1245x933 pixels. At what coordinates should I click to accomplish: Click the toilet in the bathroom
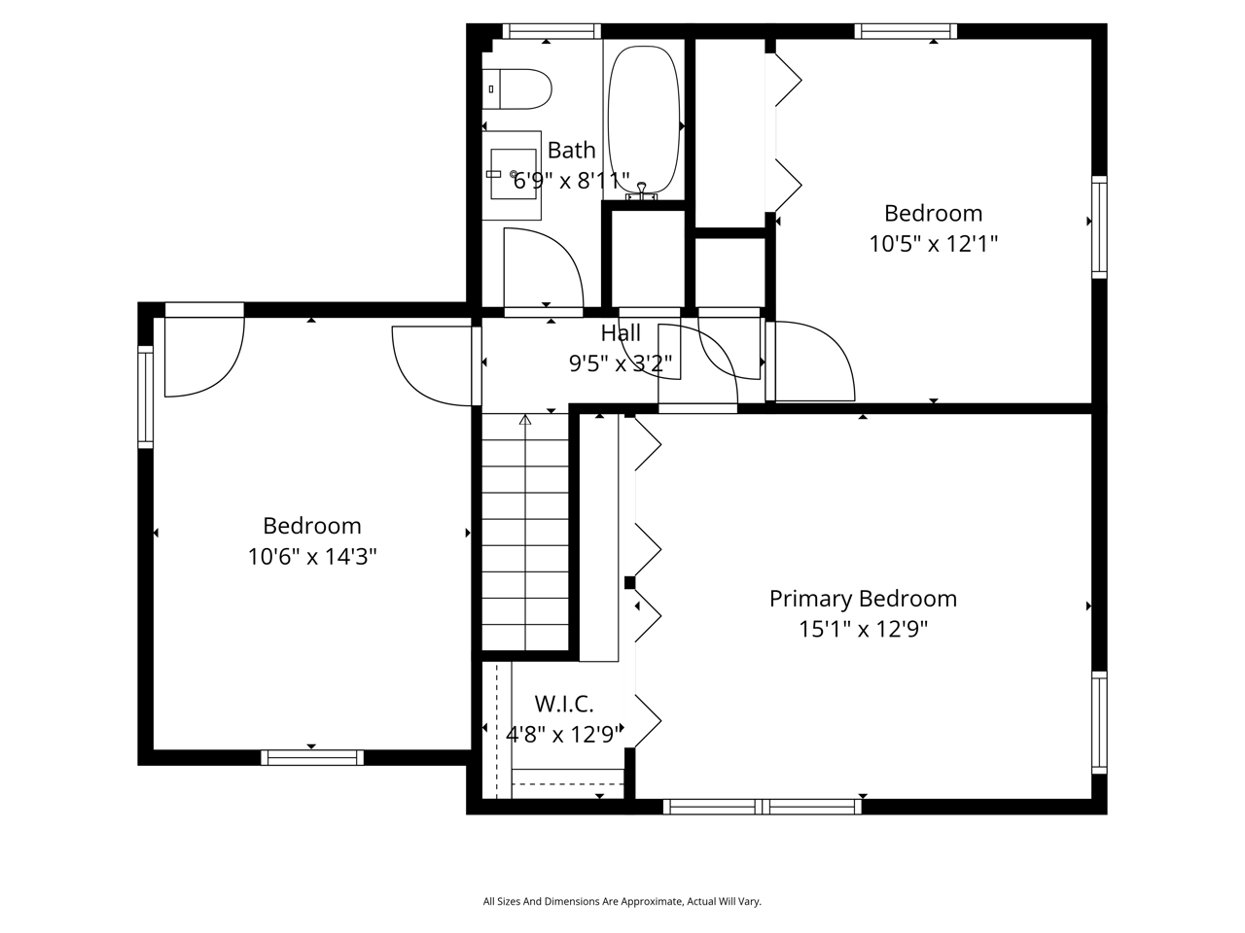(x=518, y=88)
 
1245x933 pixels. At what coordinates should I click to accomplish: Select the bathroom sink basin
(x=513, y=174)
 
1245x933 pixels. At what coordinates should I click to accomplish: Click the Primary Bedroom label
(x=863, y=599)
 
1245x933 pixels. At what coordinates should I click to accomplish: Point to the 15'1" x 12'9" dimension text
(x=863, y=630)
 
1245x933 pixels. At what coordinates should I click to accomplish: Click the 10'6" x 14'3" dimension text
(x=312, y=557)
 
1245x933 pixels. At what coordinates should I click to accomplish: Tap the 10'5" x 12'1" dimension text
(x=933, y=243)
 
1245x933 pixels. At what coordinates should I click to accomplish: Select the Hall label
(x=621, y=333)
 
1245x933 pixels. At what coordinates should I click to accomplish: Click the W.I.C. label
(x=564, y=704)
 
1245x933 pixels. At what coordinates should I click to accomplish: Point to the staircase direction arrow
(x=525, y=420)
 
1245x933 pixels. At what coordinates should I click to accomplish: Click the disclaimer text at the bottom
(x=622, y=902)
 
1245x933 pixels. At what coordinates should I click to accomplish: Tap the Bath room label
(x=571, y=151)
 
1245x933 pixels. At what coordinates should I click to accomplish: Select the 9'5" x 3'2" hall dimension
(x=621, y=364)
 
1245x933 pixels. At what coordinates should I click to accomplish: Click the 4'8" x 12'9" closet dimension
(x=564, y=735)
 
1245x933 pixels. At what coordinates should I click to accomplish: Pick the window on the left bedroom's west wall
(x=146, y=397)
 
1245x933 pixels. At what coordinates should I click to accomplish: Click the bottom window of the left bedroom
(x=312, y=757)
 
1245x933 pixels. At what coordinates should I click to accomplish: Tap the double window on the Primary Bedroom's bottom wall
(x=763, y=806)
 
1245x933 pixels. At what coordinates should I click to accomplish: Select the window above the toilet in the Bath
(x=551, y=31)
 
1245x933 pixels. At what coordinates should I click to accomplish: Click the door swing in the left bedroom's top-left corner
(x=203, y=356)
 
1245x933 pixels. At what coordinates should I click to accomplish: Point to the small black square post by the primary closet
(x=629, y=583)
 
